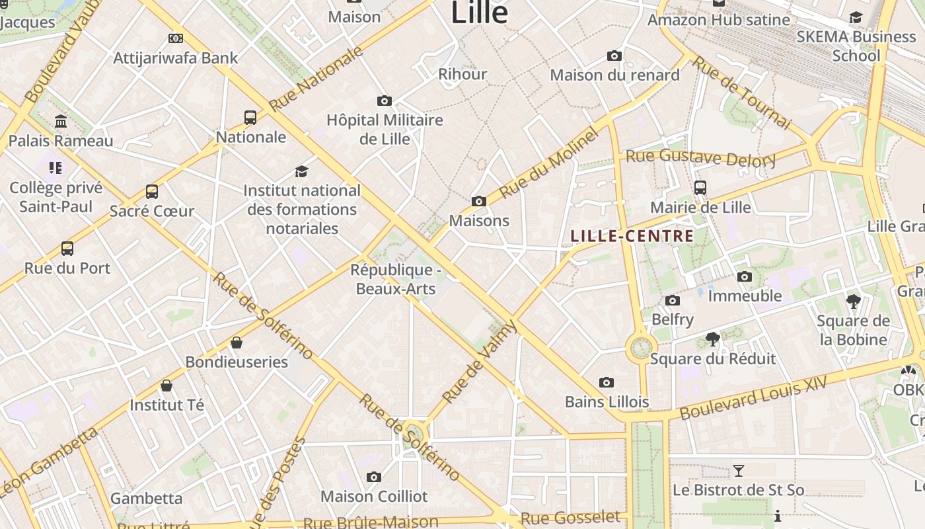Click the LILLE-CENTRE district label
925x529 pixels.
(632, 236)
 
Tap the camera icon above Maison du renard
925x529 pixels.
(614, 56)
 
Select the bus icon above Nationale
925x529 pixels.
(250, 118)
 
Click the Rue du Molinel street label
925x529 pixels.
(549, 163)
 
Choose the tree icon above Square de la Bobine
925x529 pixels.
(853, 302)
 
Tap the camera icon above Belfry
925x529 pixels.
(673, 301)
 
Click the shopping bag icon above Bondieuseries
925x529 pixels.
(237, 343)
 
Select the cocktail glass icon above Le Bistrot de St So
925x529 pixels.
(739, 471)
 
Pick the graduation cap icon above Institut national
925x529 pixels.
(302, 171)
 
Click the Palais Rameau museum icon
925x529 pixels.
(61, 122)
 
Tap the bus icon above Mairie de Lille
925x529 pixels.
(700, 188)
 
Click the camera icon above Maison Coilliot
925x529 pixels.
(374, 477)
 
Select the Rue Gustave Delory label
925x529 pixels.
(700, 158)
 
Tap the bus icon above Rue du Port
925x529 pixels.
(67, 249)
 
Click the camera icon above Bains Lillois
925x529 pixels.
(607, 383)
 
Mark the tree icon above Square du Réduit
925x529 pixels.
(712, 340)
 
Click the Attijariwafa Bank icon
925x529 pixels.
(176, 38)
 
